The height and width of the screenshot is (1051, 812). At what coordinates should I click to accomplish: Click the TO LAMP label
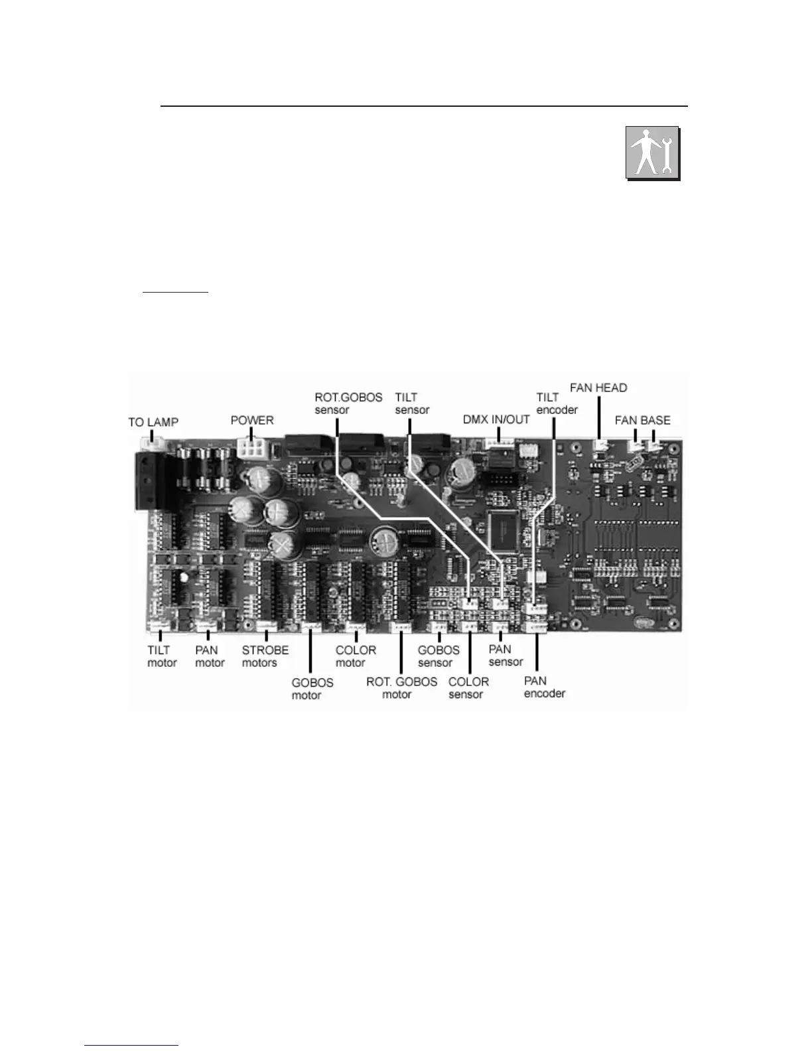point(153,423)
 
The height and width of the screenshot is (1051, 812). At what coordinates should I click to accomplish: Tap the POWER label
point(252,420)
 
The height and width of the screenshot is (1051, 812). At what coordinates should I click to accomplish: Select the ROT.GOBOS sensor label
point(348,403)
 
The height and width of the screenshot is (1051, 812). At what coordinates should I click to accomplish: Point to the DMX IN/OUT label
point(496,419)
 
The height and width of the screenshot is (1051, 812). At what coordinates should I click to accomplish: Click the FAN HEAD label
point(598,387)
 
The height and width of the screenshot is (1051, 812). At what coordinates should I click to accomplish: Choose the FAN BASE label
point(642,420)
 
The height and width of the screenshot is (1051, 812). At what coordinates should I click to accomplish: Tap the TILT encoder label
point(557,403)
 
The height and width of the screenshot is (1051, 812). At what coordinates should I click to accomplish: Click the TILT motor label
point(162,656)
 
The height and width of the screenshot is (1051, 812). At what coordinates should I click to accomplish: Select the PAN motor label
point(210,656)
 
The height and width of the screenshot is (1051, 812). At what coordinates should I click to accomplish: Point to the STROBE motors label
point(265,656)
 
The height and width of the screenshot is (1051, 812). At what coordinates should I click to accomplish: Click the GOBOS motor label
point(312,689)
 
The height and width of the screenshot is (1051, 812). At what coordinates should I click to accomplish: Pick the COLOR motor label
point(356,656)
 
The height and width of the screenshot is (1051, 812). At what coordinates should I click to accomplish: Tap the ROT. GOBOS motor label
point(401,688)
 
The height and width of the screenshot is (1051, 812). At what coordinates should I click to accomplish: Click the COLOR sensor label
point(468,688)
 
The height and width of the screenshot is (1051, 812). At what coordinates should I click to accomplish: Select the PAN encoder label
point(545,687)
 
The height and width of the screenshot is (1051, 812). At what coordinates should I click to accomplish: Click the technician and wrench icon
point(653,153)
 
